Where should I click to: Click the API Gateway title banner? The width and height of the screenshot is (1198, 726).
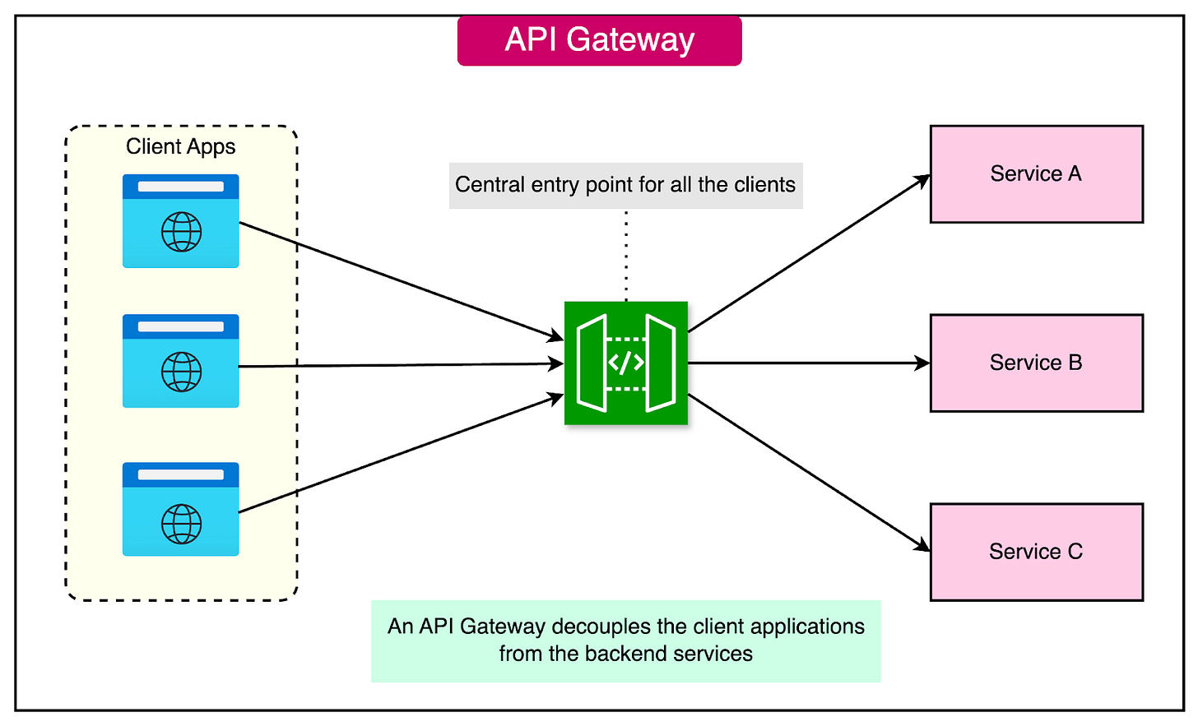coord(599,40)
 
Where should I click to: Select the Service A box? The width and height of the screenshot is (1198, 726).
coord(1036,173)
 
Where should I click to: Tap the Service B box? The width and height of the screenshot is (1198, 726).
coord(1036,363)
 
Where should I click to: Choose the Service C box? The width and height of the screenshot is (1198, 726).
coord(1036,552)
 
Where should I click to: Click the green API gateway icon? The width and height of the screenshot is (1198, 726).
coord(625,363)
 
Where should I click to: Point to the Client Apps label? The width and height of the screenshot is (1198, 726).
coord(180,146)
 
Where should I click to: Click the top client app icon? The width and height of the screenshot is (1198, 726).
coord(180,220)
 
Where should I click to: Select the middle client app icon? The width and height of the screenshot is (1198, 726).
coord(180,360)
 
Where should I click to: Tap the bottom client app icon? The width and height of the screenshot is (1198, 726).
coord(180,508)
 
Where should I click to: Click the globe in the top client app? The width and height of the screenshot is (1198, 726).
coord(181,232)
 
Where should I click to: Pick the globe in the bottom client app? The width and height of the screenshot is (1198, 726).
coord(181,524)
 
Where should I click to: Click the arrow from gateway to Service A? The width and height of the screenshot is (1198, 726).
coord(809,253)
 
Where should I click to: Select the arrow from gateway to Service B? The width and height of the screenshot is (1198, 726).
coord(809,363)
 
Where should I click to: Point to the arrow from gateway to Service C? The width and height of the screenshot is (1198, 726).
coord(809,473)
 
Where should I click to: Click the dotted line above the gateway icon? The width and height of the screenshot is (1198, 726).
coord(626,255)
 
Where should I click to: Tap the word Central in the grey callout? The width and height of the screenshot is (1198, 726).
coord(490,185)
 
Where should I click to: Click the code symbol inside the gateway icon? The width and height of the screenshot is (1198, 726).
coord(625,363)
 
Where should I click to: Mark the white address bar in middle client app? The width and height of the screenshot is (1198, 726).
coord(180,326)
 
